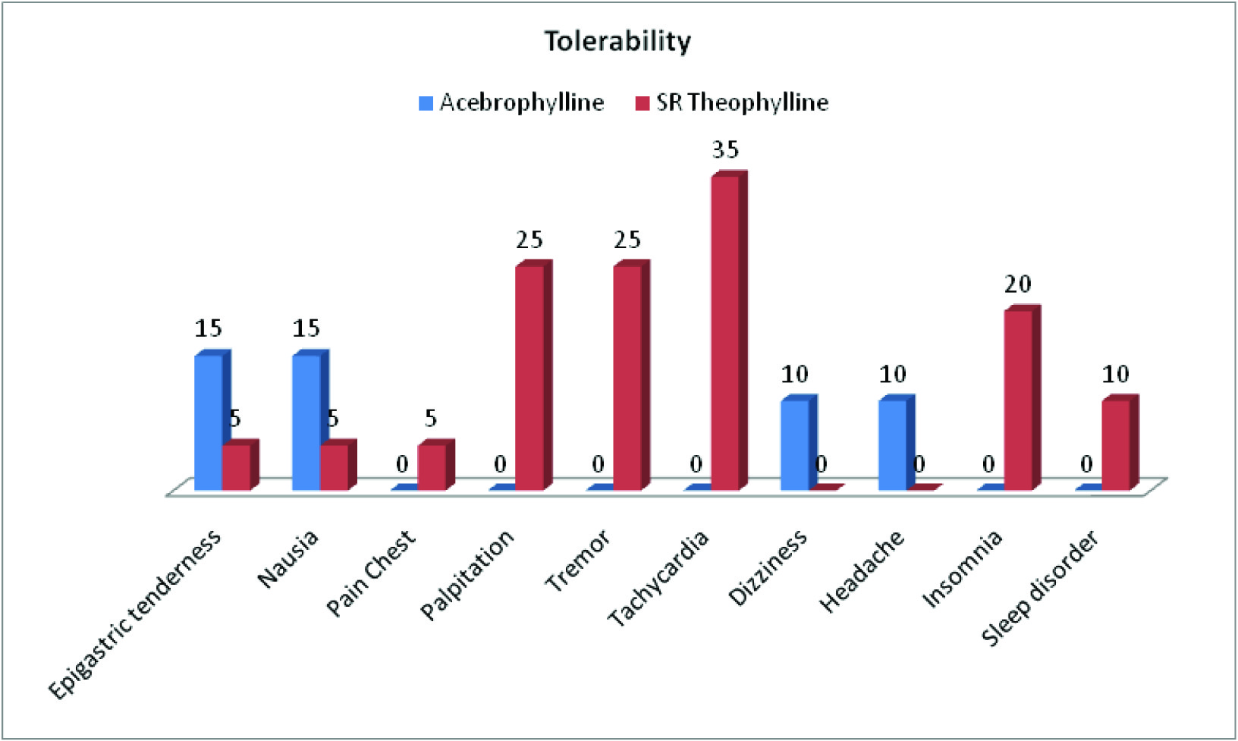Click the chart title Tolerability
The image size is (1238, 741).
[x=617, y=41]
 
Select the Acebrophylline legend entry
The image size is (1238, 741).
[x=512, y=102]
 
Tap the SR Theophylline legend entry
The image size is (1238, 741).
[x=732, y=102]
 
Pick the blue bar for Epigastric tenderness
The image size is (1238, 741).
[x=208, y=422]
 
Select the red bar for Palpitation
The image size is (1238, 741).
[x=529, y=377]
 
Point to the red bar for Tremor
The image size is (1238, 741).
[x=627, y=377]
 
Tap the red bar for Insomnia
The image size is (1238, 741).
[x=1018, y=399]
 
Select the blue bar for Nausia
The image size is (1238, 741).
[x=306, y=422]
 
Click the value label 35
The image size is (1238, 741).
[x=724, y=150]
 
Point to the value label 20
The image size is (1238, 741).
[x=1018, y=284]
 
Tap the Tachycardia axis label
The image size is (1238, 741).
[x=658, y=579]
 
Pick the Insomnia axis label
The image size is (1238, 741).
[x=962, y=569]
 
